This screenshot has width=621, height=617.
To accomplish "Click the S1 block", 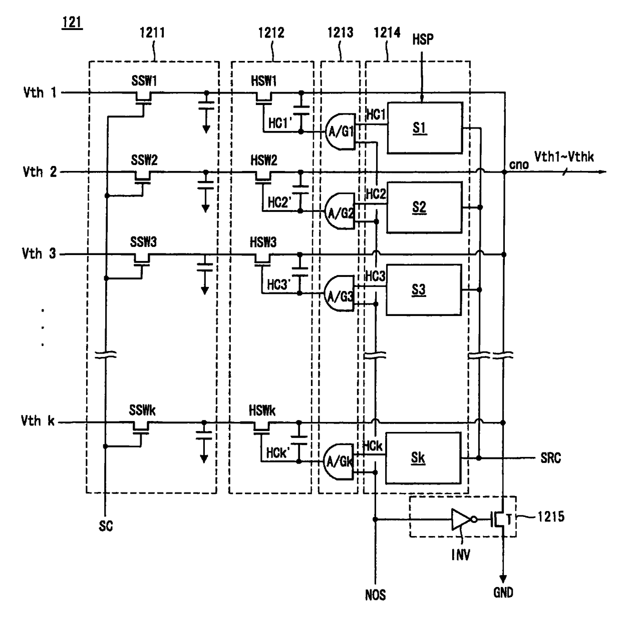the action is [x=425, y=128].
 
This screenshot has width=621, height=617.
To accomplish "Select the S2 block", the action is [x=424, y=207].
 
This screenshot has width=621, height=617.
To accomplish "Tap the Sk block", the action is [x=423, y=458].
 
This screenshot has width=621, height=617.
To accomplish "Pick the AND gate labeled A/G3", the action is [x=339, y=293].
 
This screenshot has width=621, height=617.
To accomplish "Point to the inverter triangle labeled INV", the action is [x=461, y=519].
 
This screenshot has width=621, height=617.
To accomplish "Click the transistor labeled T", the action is [x=499, y=519].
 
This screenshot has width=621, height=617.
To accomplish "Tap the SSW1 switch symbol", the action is [x=143, y=98].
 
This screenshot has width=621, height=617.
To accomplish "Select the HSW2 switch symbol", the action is [x=263, y=177].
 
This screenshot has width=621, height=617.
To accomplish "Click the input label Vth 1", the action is [x=40, y=92].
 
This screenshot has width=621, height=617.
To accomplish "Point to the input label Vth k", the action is [x=38, y=420].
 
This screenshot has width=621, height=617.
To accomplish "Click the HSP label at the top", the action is [x=423, y=39].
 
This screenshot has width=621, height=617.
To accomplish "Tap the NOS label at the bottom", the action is [x=375, y=595].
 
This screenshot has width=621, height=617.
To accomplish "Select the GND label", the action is [x=503, y=592].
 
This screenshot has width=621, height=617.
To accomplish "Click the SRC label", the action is [x=551, y=457].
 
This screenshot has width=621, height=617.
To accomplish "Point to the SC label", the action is [x=106, y=526].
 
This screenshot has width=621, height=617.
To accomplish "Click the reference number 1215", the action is [x=551, y=517].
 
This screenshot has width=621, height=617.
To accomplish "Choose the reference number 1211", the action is [x=152, y=32].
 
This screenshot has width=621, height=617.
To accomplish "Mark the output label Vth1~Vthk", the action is [x=564, y=156].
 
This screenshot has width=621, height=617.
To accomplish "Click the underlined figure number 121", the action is [x=72, y=22].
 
